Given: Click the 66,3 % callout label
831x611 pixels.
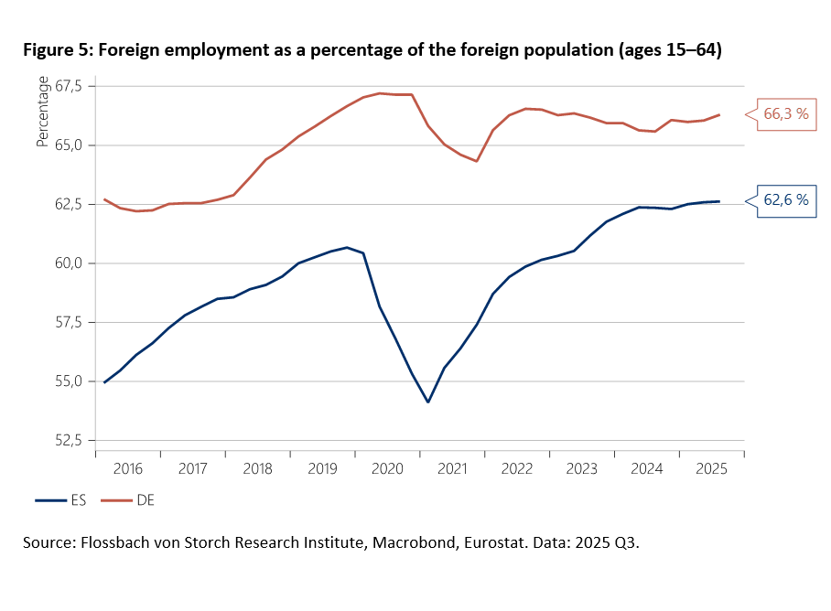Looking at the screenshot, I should click(786, 114).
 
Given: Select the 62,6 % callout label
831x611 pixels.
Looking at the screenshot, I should click(786, 200).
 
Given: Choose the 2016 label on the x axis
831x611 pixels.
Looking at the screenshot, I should click(127, 468).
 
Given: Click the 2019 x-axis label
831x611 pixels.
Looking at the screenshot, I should click(322, 468).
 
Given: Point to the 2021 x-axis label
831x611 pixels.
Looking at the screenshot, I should click(452, 468).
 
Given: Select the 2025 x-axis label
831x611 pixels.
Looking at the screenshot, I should click(711, 468).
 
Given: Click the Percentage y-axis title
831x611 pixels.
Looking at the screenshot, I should click(42, 113).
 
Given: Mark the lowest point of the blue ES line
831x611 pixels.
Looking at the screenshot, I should click(427, 402).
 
